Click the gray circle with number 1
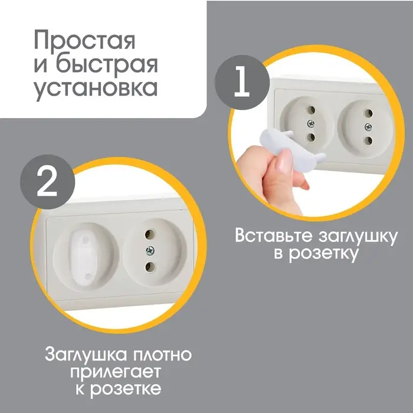pos(240,83)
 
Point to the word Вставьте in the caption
pos(274,236)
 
